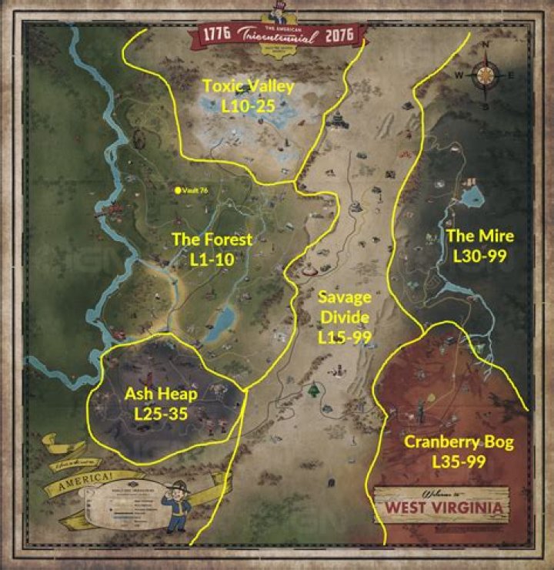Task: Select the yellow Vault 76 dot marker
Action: [x=178, y=189]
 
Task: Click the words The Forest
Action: [x=212, y=240]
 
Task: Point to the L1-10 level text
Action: [x=212, y=260]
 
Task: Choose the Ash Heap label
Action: [x=162, y=394]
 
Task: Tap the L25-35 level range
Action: [x=162, y=414]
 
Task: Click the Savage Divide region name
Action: [x=345, y=307]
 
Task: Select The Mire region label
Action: [x=480, y=236]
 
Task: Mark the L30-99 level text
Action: [x=480, y=256]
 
